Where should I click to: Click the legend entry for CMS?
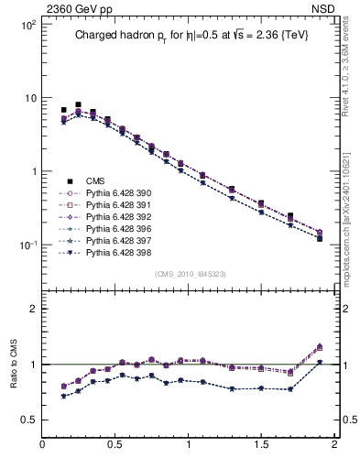[x=96, y=181]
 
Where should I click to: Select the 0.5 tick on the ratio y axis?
[x=27, y=420]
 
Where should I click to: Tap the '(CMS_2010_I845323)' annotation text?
[x=191, y=274]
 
